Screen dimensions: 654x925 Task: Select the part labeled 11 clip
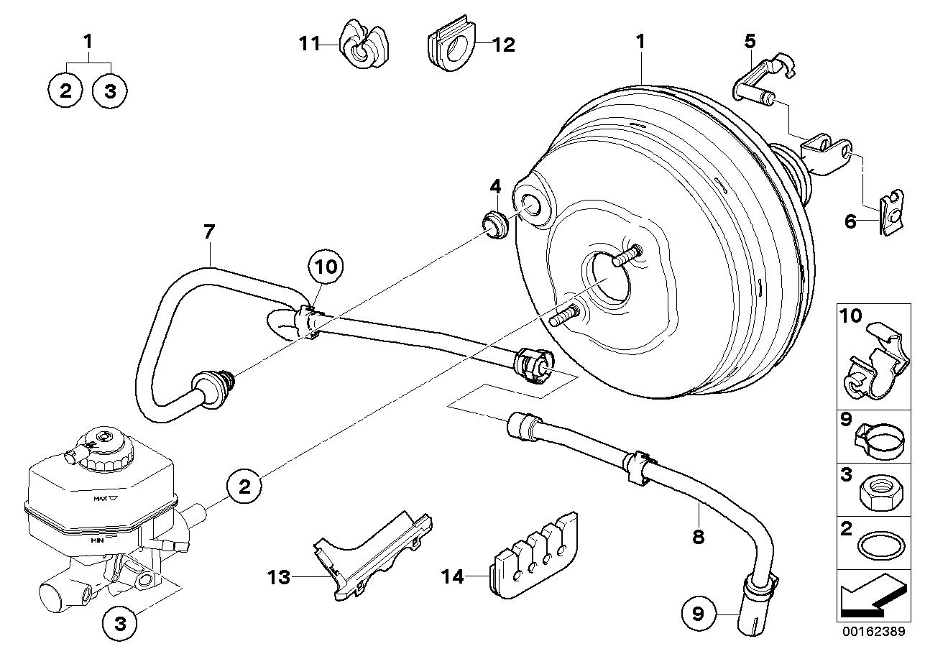click(x=362, y=45)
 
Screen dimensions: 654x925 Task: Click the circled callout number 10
click(x=326, y=267)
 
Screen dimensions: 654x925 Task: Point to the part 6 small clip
click(x=888, y=214)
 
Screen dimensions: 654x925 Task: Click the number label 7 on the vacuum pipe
click(x=208, y=231)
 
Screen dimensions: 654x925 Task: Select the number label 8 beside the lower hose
click(x=697, y=536)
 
